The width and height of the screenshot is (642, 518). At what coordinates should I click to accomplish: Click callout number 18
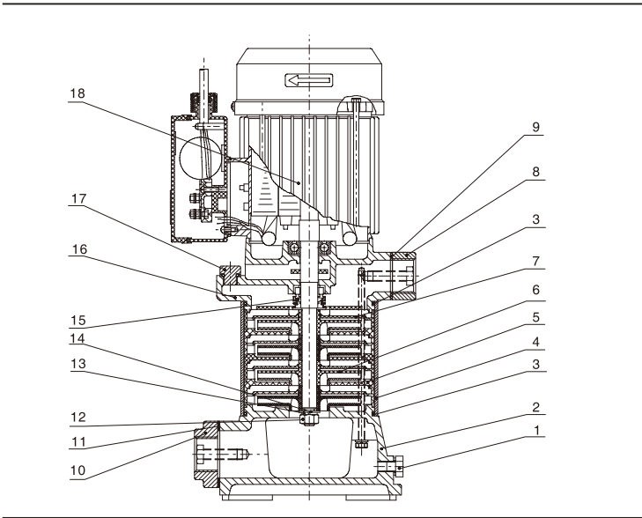(x=77, y=91)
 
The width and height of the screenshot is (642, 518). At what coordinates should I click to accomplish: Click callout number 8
(x=536, y=174)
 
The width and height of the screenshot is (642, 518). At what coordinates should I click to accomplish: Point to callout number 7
(x=536, y=263)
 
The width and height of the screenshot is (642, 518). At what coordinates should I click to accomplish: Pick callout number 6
(x=536, y=289)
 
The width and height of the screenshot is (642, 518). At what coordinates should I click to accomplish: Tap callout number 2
(x=536, y=409)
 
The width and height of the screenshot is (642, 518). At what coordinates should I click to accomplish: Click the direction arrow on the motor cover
(x=308, y=82)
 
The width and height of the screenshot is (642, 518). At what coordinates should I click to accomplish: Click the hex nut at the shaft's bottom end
(x=309, y=418)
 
